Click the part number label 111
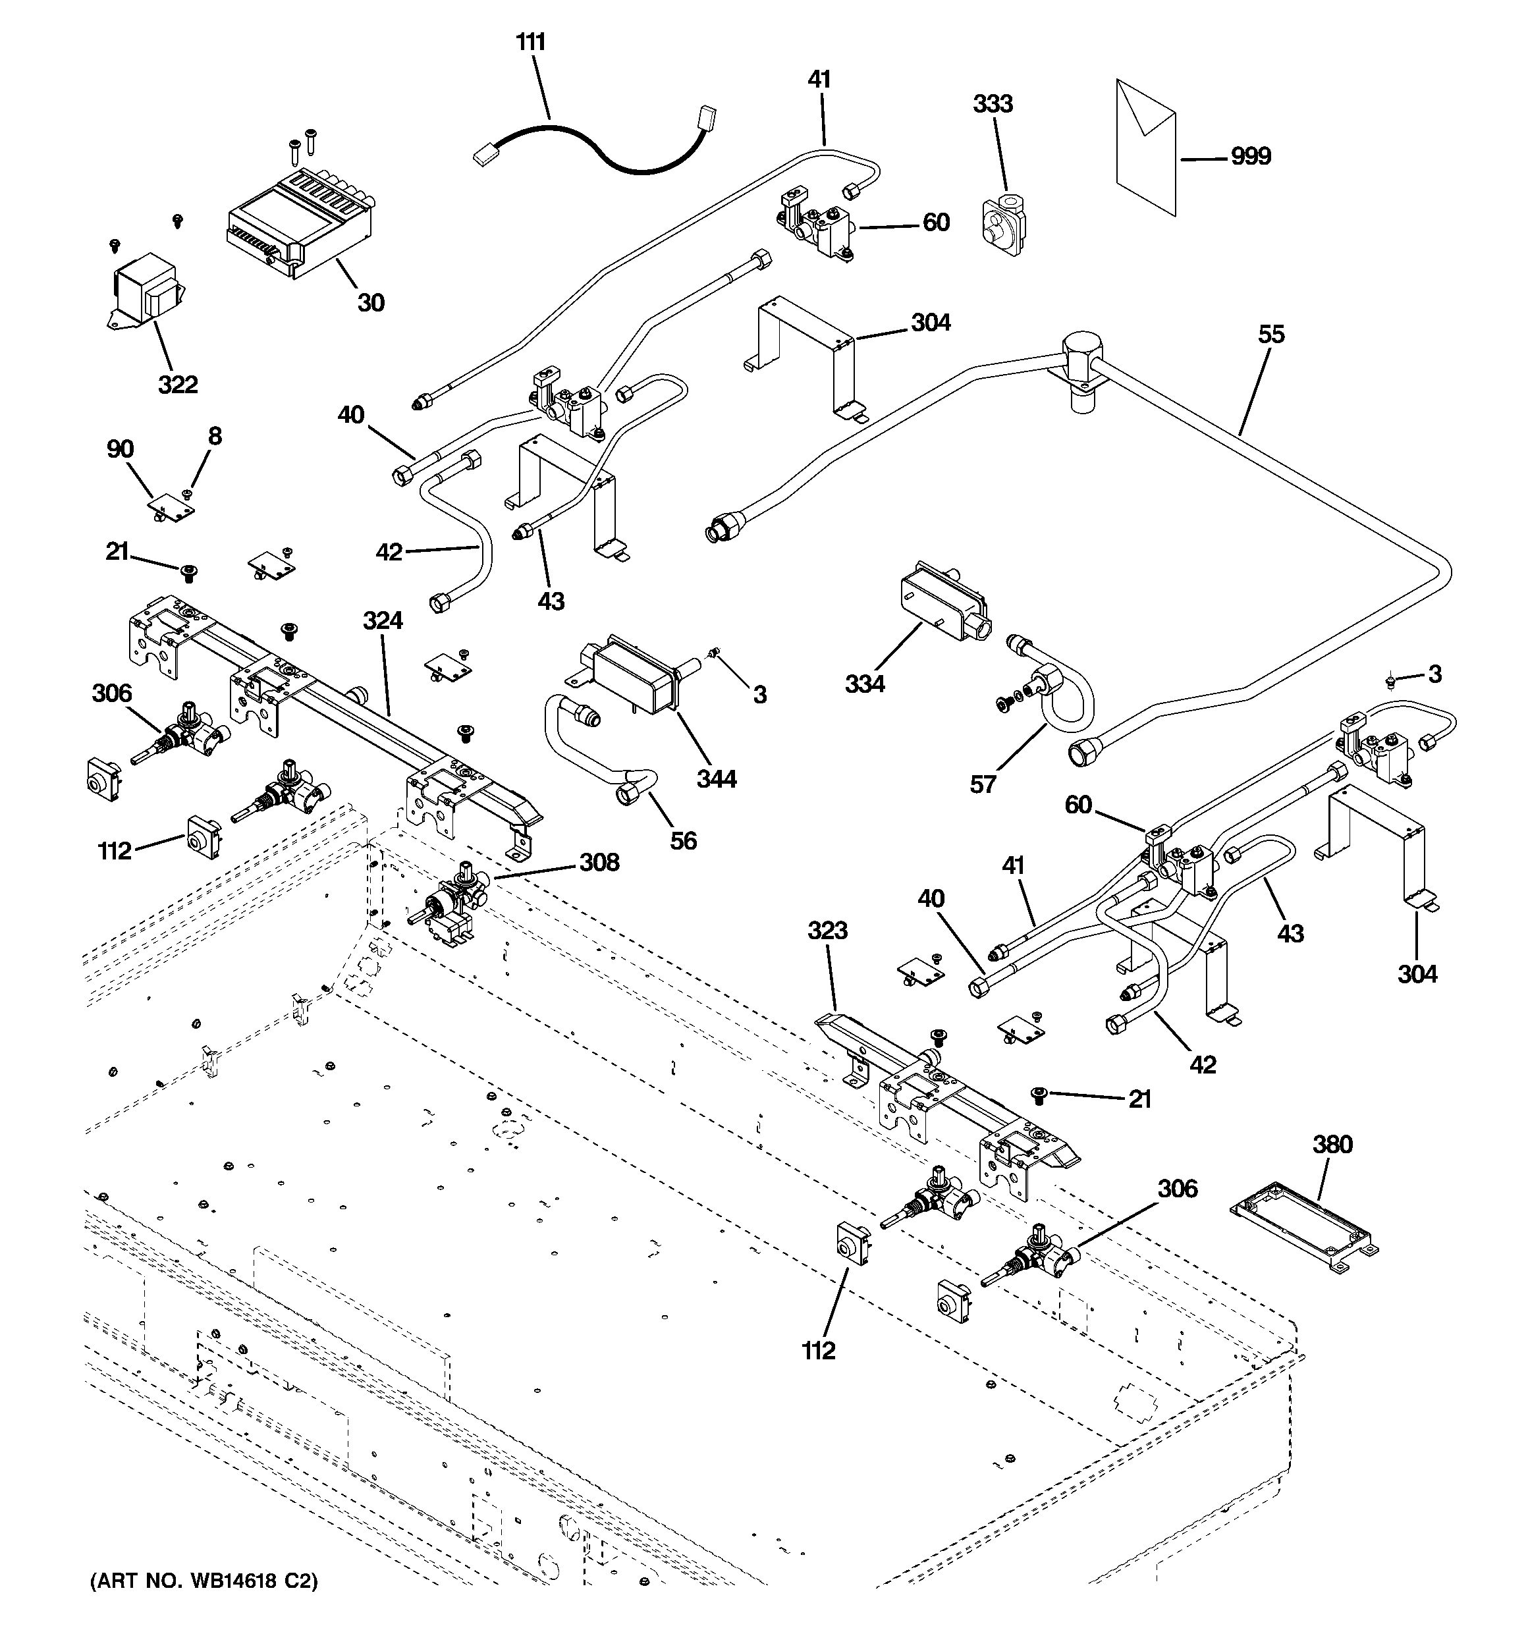(x=531, y=41)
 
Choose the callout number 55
(x=1270, y=335)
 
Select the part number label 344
(x=716, y=778)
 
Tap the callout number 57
(x=983, y=784)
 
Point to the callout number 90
(x=120, y=449)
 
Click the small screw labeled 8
(x=186, y=495)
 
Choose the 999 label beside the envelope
(x=1250, y=156)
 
